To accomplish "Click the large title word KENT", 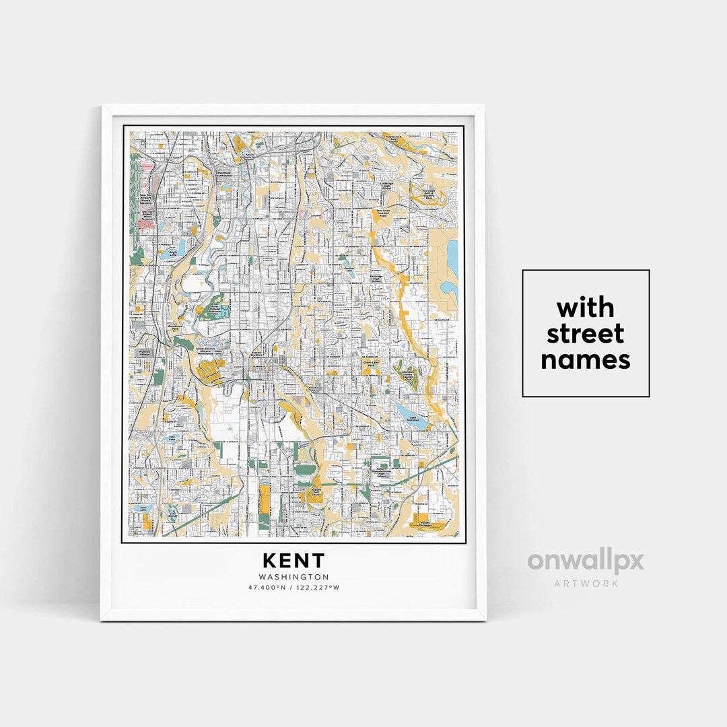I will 293,561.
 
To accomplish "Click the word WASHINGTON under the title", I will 293,577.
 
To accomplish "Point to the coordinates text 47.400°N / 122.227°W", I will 293,588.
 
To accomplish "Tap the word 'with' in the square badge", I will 586,308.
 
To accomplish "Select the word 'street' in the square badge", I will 586,334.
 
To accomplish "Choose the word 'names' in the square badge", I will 586,360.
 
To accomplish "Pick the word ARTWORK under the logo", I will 586,584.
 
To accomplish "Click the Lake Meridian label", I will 413,419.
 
